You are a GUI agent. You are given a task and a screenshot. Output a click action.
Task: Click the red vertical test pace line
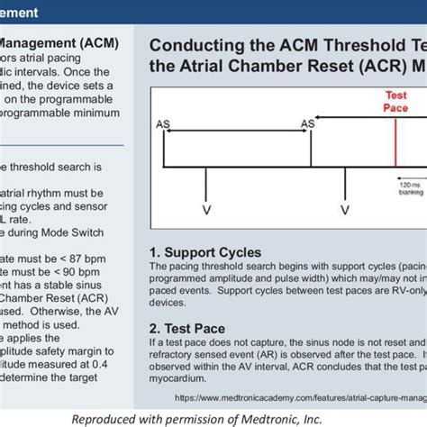pyautogui.click(x=395, y=144)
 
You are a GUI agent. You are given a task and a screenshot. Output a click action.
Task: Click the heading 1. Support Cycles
pyautogui.click(x=204, y=252)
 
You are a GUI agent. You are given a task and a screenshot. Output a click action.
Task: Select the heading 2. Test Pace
pyautogui.click(x=187, y=328)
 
